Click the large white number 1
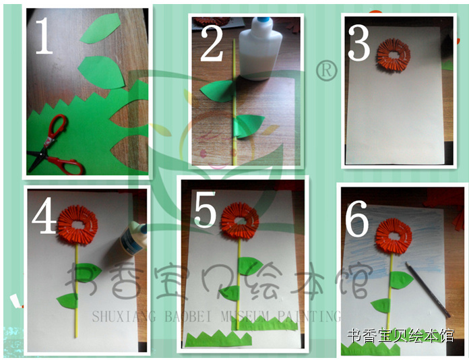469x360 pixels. click(44, 36)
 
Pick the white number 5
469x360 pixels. click(205, 209)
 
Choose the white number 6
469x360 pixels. click(357, 218)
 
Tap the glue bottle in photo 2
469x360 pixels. click(260, 48)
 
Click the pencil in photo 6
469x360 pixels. click(428, 289)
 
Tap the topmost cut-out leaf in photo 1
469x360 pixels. click(100, 28)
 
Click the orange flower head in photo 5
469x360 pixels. click(240, 223)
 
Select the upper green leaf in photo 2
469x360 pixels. click(218, 91)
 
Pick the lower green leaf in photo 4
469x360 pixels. click(67, 301)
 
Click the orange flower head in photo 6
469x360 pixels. click(394, 237)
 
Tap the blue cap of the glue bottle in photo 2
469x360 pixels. click(263, 20)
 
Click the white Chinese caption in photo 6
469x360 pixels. click(401, 335)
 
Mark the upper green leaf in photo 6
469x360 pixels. click(402, 280)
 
